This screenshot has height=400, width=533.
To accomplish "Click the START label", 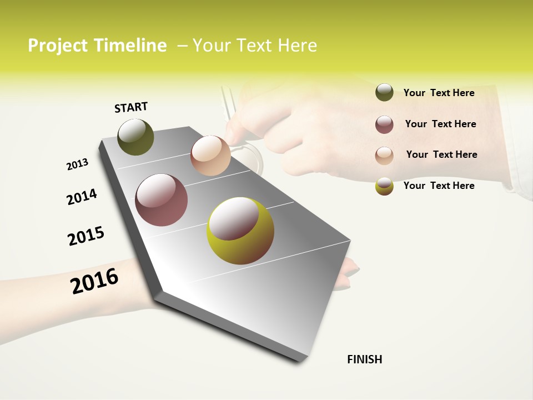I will (x=131, y=107).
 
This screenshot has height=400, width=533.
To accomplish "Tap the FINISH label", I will (x=365, y=359).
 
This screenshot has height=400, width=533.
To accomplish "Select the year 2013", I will (x=77, y=164).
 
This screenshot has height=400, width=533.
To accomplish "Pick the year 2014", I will (x=82, y=197).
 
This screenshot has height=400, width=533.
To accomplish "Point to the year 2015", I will (x=86, y=236).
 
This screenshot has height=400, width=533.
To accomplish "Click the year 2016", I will (x=94, y=281).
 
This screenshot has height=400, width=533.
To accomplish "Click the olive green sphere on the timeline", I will (x=135, y=137).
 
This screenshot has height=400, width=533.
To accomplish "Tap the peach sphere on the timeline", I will (x=210, y=156).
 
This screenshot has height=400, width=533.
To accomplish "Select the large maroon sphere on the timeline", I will (x=162, y=200).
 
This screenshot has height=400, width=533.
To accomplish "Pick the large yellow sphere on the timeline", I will (x=240, y=231).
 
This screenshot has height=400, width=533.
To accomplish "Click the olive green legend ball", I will (x=384, y=92).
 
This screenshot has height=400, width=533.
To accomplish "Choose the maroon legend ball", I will (x=384, y=124).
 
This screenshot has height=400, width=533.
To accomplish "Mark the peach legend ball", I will (x=384, y=155).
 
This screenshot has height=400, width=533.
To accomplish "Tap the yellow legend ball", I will (x=384, y=186).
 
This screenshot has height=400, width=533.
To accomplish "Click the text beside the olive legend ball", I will (x=439, y=93).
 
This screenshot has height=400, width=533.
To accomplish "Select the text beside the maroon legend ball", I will (x=440, y=124).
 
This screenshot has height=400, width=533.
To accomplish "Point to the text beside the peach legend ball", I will (x=441, y=154).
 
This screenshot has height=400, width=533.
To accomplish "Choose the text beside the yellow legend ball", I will (x=439, y=186).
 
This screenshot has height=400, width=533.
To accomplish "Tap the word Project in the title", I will (x=58, y=46).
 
